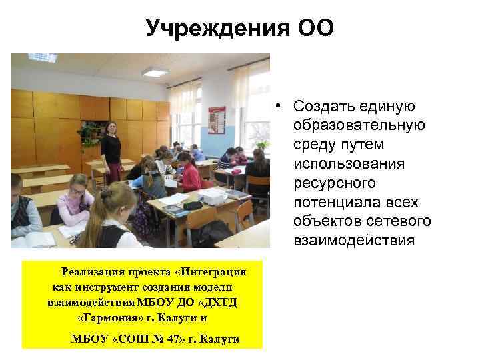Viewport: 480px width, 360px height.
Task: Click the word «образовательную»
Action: [353, 126]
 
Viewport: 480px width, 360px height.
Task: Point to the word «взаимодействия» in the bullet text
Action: [354, 239]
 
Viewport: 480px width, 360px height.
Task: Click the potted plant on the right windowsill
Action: [263, 143]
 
